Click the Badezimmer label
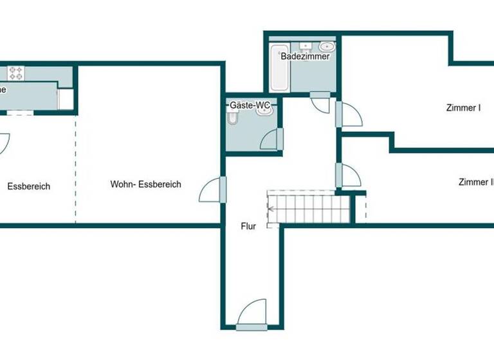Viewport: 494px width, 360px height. pyautogui.click(x=305, y=57)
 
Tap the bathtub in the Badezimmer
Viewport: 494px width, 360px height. pyautogui.click(x=279, y=67)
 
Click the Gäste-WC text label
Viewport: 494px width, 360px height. pyautogui.click(x=250, y=104)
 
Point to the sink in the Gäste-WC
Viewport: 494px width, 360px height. pyautogui.click(x=264, y=111)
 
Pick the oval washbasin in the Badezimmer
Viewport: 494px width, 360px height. pyautogui.click(x=327, y=46)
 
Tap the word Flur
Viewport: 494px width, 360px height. pyautogui.click(x=248, y=226)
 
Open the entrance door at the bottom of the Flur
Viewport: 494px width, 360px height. pyautogui.click(x=252, y=315)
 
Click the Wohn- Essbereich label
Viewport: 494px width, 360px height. pyautogui.click(x=145, y=184)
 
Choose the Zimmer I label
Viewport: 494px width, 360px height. pyautogui.click(x=462, y=108)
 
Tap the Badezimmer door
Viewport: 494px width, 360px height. pyautogui.click(x=320, y=103)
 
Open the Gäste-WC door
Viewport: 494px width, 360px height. pyautogui.click(x=272, y=138)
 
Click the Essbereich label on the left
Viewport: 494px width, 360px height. pyautogui.click(x=28, y=187)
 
